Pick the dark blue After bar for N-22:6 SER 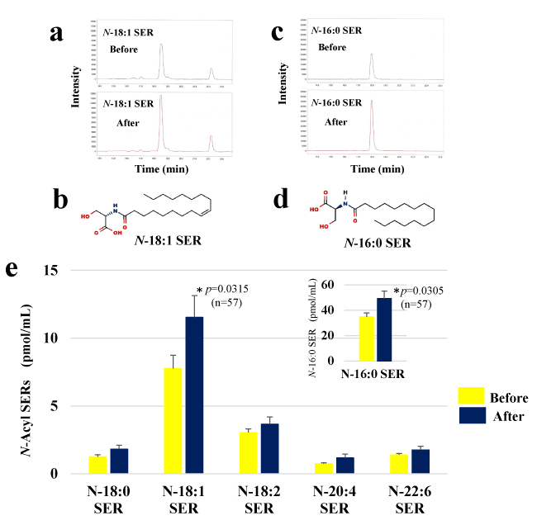(421, 461)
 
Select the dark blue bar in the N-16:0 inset (384, 329)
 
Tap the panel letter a (57, 33)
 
